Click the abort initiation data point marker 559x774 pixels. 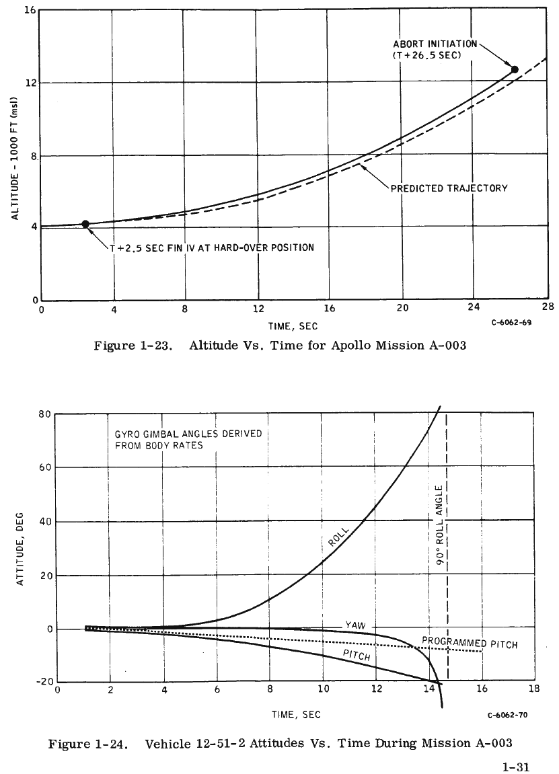(515, 69)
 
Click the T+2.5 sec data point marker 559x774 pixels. (85, 224)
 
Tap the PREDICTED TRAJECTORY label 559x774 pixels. (449, 188)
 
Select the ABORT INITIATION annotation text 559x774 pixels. (435, 49)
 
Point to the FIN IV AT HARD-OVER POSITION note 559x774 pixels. (212, 247)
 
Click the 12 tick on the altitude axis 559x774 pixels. (31, 83)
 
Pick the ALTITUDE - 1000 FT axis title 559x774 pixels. (14, 156)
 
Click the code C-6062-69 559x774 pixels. (511, 323)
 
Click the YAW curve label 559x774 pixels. (355, 625)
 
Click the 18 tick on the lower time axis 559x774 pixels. (534, 689)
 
